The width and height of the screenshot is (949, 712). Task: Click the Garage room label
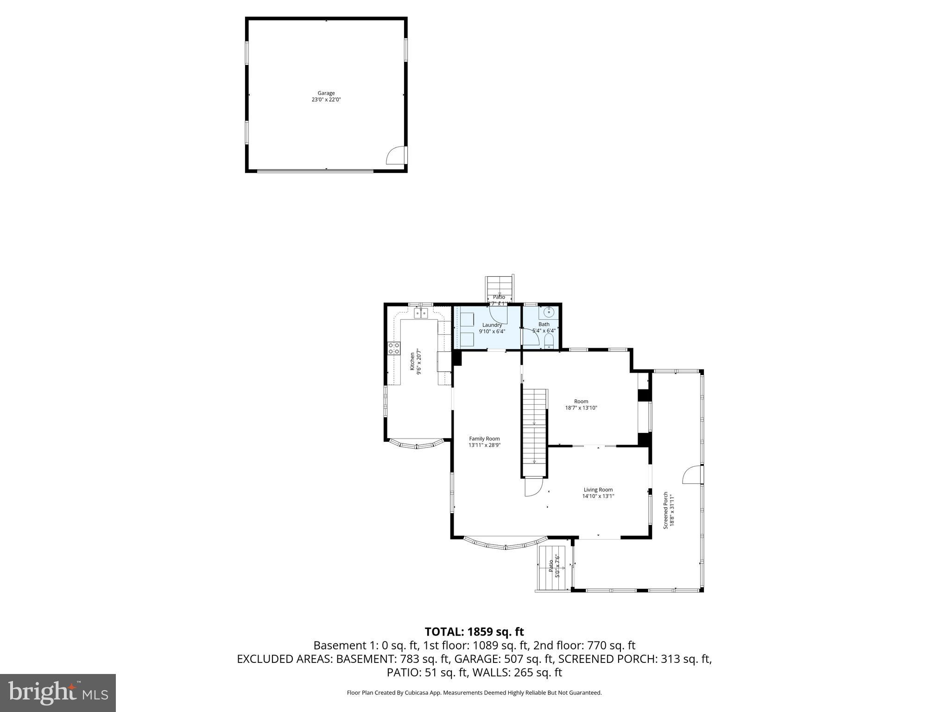(326, 93)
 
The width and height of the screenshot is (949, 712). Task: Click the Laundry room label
(492, 325)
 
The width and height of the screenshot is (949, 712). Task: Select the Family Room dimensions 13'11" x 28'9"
(484, 445)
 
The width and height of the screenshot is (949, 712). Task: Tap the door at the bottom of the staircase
(533, 487)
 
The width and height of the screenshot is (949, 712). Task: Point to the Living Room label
(598, 489)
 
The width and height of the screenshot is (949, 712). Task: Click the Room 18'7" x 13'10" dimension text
(581, 408)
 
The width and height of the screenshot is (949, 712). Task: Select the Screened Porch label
(666, 510)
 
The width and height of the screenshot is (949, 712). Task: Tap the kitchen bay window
(417, 445)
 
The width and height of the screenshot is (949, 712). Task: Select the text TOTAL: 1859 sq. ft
(474, 631)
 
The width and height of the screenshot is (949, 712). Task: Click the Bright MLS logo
(58, 693)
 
